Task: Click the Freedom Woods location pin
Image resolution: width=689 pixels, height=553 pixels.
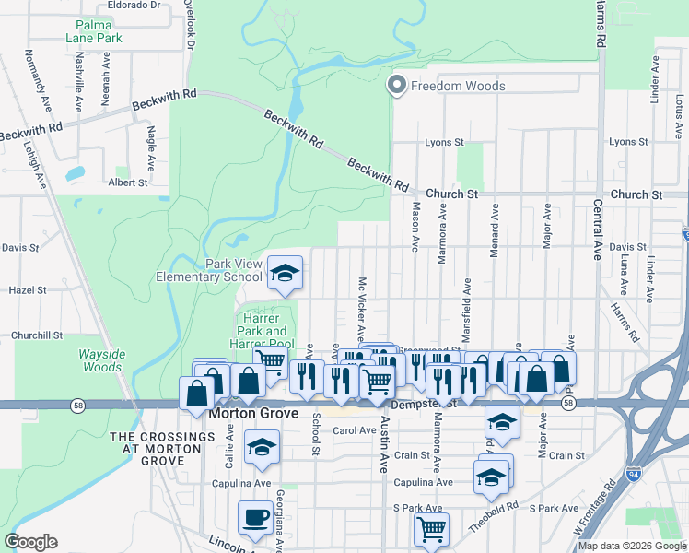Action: point(397,86)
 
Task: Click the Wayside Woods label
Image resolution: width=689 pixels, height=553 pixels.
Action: point(99,360)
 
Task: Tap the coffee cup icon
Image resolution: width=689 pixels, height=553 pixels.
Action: point(255,517)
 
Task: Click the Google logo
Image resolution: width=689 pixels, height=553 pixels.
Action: point(31,542)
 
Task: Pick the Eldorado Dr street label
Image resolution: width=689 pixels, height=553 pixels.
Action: point(134,5)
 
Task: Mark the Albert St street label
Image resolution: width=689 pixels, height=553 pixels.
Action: point(128,182)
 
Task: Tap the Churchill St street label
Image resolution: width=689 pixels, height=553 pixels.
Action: point(36,335)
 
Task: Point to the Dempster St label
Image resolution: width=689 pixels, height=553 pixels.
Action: point(423,404)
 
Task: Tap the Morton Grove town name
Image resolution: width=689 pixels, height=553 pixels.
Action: point(252,414)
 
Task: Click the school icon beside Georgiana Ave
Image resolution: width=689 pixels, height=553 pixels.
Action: point(263,448)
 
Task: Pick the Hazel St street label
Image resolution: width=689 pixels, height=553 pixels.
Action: point(28,289)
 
